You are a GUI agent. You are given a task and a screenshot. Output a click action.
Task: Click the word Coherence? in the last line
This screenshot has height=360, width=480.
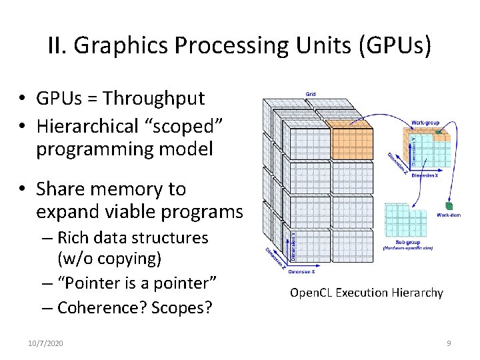tap(103, 307)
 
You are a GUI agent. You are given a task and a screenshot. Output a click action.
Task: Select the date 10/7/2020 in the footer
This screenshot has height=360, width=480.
tap(45, 343)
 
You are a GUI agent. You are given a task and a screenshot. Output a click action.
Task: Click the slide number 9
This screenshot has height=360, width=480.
tap(449, 343)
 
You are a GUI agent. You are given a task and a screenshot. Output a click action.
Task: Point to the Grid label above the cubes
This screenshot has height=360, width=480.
tap(311, 94)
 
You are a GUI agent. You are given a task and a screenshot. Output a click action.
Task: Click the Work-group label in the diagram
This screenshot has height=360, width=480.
tap(425, 123)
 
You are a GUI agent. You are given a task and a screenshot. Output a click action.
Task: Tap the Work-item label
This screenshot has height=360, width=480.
tap(448, 215)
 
